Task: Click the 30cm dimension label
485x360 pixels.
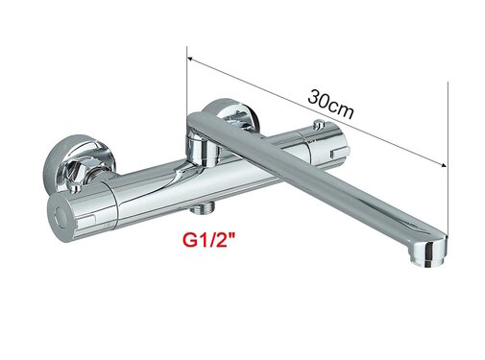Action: pyautogui.click(x=329, y=104)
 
